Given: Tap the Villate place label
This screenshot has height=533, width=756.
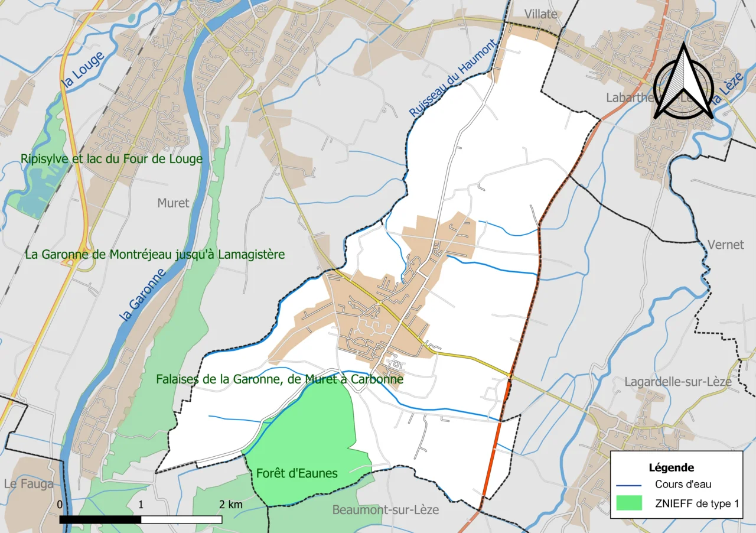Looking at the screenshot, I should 541,14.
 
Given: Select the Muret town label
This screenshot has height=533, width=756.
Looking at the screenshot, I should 173,203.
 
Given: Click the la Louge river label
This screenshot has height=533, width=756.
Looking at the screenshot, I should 83,70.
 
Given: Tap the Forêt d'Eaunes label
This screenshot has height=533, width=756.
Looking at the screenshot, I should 297,473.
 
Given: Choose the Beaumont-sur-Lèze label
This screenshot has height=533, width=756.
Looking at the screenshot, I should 386,509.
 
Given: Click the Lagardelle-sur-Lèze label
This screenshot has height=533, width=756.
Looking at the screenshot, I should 678,382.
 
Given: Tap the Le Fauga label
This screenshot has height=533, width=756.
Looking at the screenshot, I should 28,484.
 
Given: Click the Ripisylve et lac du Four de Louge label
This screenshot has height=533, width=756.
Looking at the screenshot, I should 111,159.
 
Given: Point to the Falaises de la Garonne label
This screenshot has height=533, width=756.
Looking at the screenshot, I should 279,379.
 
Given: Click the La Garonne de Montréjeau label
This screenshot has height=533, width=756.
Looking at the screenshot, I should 155,255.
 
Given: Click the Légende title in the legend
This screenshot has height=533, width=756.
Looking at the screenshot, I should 671,467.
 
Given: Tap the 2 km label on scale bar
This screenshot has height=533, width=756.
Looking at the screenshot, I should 231,505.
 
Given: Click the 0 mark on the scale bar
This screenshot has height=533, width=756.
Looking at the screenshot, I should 60,505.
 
